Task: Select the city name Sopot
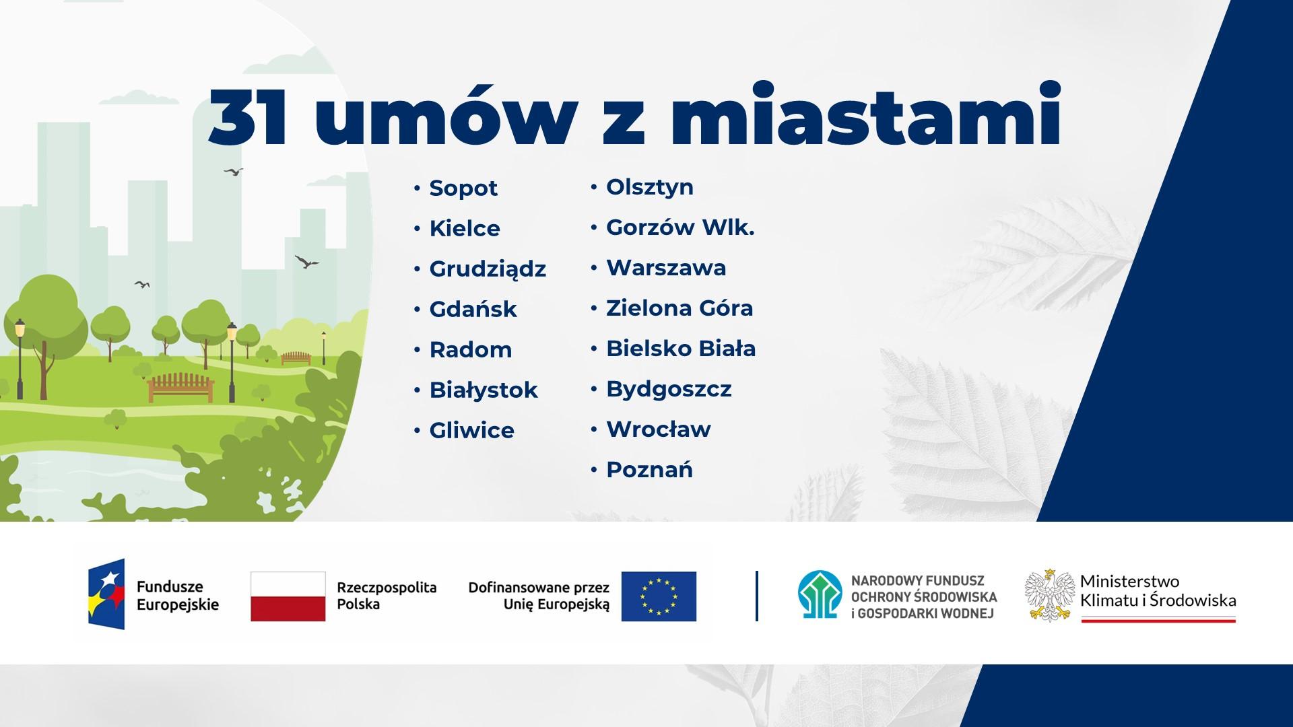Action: (463, 188)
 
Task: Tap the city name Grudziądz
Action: (488, 269)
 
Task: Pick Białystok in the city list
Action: (484, 390)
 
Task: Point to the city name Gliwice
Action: (471, 430)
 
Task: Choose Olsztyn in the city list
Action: (650, 187)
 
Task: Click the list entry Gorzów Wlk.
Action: (680, 228)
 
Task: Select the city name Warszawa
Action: (666, 268)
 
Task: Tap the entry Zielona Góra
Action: (679, 308)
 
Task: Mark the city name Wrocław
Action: (659, 429)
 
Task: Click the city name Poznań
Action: (649, 469)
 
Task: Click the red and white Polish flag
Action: (288, 596)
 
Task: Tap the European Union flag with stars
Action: (659, 596)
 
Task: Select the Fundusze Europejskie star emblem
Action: (106, 594)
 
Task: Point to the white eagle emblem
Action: (1049, 595)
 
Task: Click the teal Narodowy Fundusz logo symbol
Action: (820, 595)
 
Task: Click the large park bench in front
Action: (180, 388)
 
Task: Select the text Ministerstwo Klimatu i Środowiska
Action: (1158, 590)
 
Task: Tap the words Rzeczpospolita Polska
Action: (387, 596)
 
